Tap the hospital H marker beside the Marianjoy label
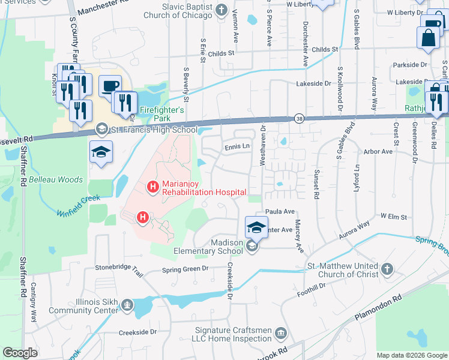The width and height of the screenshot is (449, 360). tap(152, 188)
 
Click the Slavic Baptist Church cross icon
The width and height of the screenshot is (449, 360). tap(221, 9)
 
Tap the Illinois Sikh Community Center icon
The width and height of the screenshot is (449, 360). tap(127, 306)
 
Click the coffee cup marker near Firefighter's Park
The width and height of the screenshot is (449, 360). tap(110, 86)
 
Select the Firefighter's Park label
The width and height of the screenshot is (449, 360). tap(161, 114)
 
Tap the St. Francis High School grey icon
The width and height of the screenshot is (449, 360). tap(102, 130)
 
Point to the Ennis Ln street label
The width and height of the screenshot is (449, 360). tap(237, 146)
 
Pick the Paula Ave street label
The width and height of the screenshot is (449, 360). tap(280, 212)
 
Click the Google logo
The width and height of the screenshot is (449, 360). tap(20, 353)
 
